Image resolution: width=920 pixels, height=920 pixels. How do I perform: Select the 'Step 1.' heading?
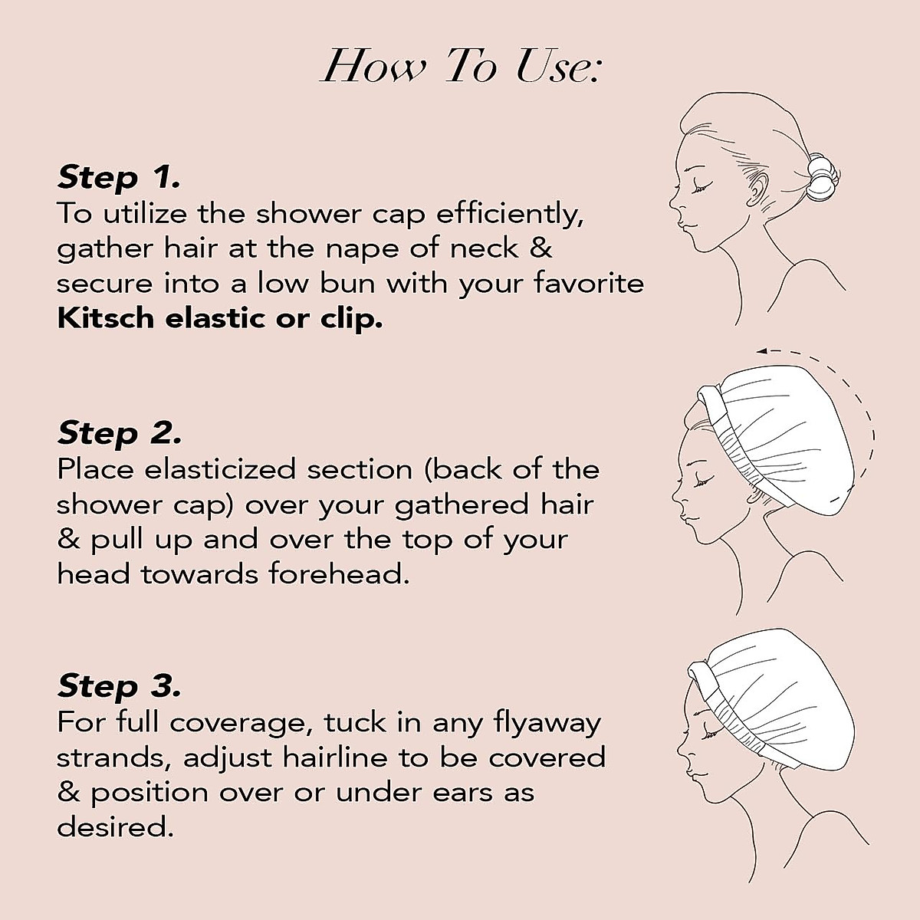tap(119, 178)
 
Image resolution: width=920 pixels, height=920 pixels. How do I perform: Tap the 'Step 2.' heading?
tap(120, 433)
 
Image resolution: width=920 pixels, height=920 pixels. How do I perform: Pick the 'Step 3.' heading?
tap(120, 685)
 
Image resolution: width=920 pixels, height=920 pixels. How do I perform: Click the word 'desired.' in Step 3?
tap(112, 827)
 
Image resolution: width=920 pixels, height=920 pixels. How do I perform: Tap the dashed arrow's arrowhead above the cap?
tap(761, 352)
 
